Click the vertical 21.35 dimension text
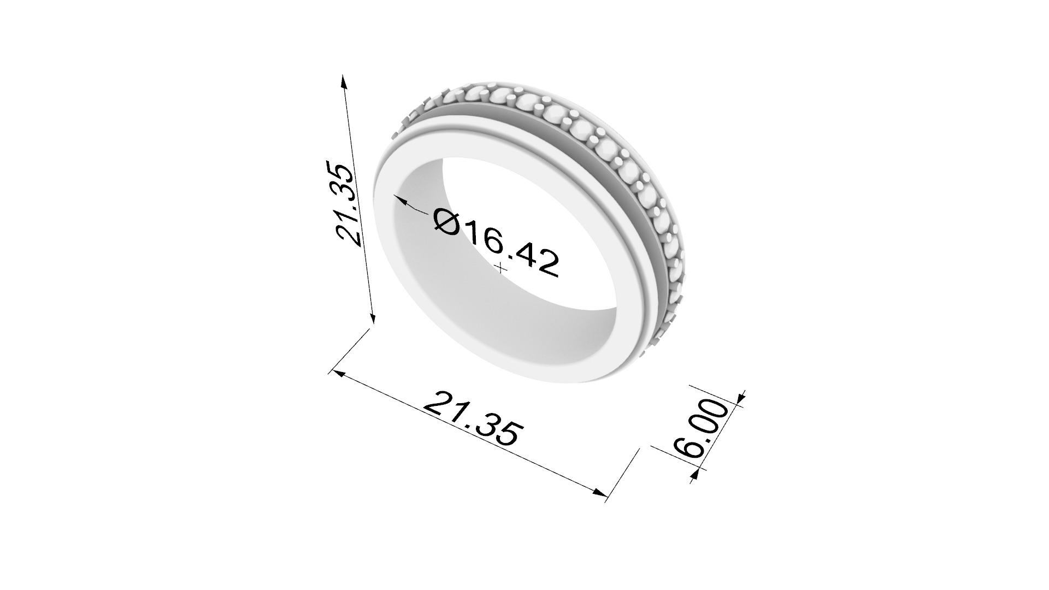pos(349,203)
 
